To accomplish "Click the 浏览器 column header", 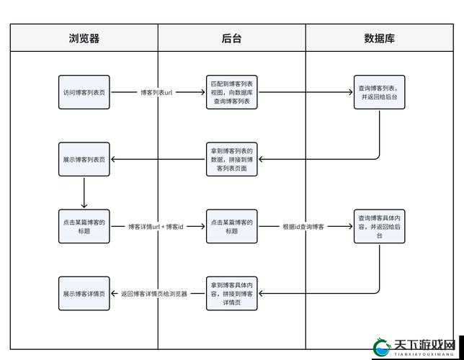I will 84,39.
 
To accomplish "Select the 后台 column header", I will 232,39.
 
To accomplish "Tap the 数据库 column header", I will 380,39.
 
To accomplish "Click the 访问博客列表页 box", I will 84,92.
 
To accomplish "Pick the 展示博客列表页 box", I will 84,159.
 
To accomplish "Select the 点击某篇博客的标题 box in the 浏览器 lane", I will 84,226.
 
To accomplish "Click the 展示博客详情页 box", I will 84,294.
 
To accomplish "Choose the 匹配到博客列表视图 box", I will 232,92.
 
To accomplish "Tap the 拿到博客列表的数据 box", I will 232,159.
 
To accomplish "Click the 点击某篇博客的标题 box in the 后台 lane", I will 232,226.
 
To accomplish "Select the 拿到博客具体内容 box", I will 232,294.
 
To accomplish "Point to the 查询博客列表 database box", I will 379,92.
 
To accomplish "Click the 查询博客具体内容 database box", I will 379,226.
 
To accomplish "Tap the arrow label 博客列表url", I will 157,93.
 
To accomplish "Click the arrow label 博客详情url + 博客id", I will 156,227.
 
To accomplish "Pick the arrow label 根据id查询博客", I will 304,227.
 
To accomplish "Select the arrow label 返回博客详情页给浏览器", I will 154,294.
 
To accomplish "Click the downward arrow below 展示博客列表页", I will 84,192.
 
